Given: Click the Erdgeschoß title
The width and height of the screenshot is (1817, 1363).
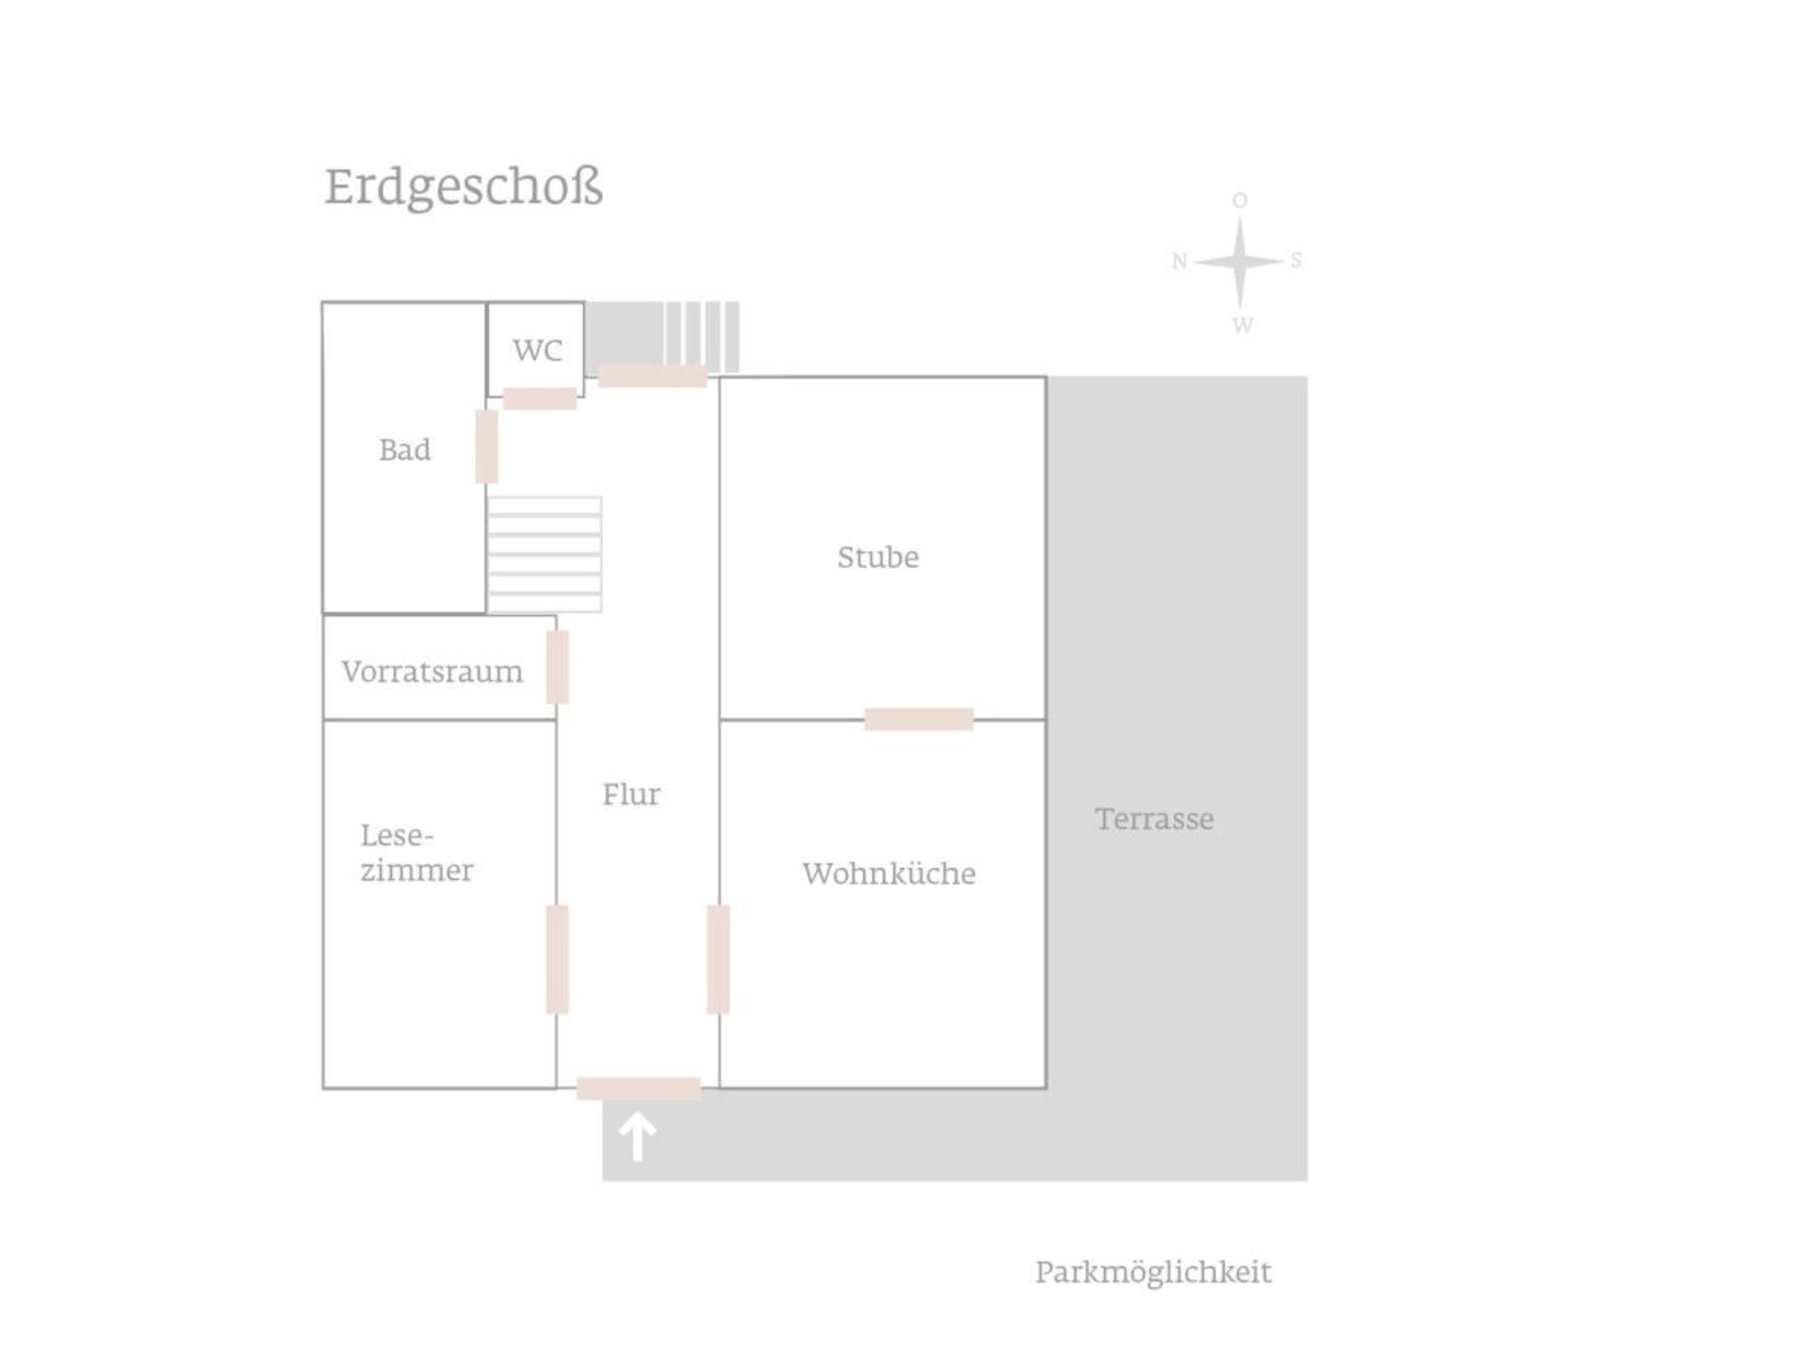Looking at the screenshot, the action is tap(464, 187).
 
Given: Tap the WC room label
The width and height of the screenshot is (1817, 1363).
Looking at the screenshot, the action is tap(538, 350).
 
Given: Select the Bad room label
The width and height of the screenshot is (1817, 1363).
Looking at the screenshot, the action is tap(404, 450).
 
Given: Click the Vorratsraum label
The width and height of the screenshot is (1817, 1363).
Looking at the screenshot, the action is tap(432, 671).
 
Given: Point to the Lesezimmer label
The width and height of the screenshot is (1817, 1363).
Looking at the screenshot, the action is tap(416, 853).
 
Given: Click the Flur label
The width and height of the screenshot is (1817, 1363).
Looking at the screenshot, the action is tap(631, 793).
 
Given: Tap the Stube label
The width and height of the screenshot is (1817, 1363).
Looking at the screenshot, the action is tap(878, 557).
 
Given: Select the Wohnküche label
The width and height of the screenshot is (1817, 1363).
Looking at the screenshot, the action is tap(889, 873).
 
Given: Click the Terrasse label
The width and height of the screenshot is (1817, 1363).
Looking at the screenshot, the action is tap(1155, 819).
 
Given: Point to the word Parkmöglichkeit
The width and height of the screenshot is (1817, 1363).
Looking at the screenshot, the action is tap(1154, 1272).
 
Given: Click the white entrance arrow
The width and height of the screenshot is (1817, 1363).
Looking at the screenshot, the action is tap(637, 1136).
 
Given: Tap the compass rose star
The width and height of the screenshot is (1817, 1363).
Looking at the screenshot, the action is tap(1240, 261).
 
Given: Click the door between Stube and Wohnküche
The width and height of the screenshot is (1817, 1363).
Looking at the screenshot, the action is tap(919, 719).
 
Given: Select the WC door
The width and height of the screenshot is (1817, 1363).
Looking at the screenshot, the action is tap(539, 398).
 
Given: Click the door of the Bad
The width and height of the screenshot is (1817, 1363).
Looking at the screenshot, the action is tap(486, 447).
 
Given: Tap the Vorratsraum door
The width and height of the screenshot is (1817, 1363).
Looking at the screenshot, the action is tap(557, 667).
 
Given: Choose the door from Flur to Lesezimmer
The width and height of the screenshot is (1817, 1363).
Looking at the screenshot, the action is tap(557, 959).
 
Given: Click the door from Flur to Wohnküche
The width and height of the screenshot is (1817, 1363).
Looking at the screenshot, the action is tap(718, 959).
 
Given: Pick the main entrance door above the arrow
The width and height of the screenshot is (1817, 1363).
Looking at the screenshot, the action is tap(639, 1089).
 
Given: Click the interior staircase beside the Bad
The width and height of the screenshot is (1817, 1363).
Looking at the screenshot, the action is tap(544, 555).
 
